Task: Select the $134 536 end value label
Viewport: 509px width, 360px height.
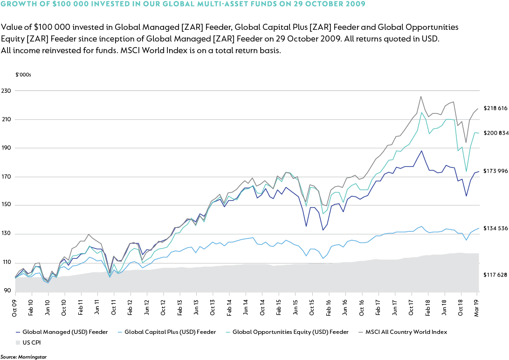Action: [x=495, y=228]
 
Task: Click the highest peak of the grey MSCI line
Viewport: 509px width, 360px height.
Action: [x=421, y=97]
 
